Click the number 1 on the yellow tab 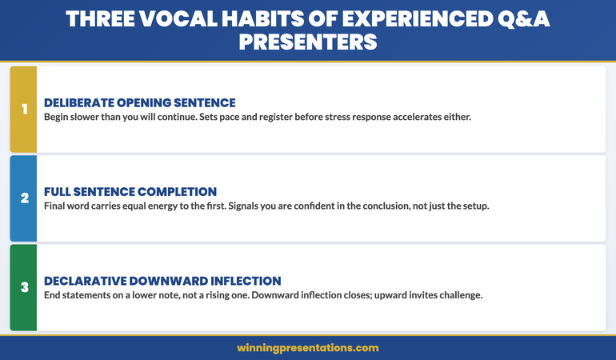pyautogui.click(x=23, y=109)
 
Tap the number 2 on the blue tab pyautogui.click(x=23, y=198)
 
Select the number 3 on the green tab pyautogui.click(x=23, y=287)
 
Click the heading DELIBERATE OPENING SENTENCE pyautogui.click(x=139, y=102)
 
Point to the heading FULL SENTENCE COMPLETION pyautogui.click(x=130, y=192)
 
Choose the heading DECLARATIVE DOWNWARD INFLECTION pyautogui.click(x=162, y=281)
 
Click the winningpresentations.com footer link pyautogui.click(x=307, y=348)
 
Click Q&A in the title pyautogui.click(x=522, y=18)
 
